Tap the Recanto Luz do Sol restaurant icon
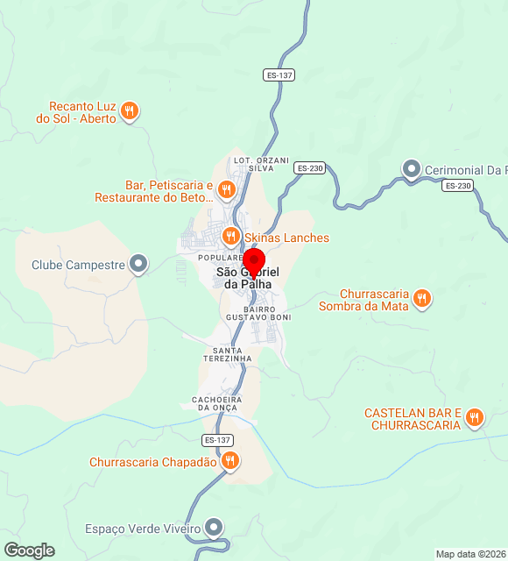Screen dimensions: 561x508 (130, 110)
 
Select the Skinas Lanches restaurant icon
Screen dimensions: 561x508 (230, 236)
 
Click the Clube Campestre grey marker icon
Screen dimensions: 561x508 (138, 263)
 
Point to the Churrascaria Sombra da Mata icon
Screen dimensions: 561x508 (421, 298)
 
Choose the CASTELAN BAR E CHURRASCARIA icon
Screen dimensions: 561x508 (474, 417)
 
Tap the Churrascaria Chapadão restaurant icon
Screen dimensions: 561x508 (229, 460)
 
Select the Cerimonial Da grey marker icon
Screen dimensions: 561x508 (412, 168)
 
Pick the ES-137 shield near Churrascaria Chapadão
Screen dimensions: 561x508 (217, 439)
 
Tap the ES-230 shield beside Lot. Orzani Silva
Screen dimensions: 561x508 (310, 167)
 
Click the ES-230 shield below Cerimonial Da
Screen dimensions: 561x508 (457, 185)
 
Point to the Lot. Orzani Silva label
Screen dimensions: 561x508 (255, 164)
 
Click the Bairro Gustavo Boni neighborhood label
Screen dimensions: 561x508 (250, 313)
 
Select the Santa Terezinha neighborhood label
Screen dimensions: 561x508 (226, 354)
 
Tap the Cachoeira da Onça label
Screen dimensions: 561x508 (216, 403)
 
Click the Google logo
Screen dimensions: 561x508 (29, 550)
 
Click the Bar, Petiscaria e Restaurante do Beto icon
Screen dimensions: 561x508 (226, 188)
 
